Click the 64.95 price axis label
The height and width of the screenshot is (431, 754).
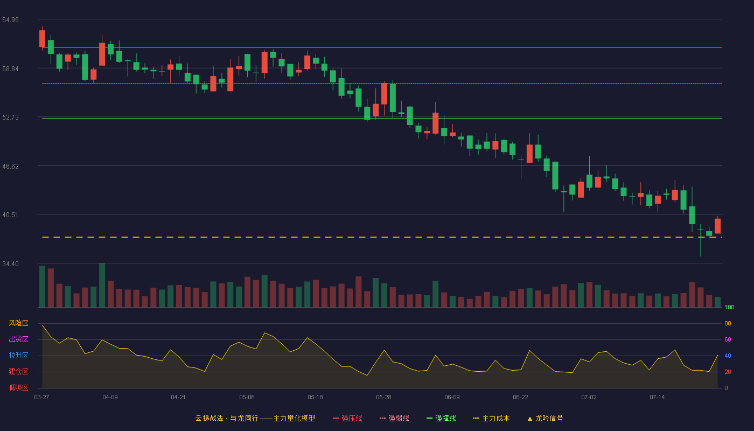pyautogui.click(x=10, y=20)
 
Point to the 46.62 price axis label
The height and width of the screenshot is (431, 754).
pyautogui.click(x=10, y=166)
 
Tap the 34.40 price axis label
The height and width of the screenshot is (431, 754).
pyautogui.click(x=10, y=264)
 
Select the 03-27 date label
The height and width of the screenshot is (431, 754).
pyautogui.click(x=42, y=398)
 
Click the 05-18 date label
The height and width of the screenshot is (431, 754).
pyautogui.click(x=315, y=398)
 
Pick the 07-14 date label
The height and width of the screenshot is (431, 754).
pyautogui.click(x=657, y=398)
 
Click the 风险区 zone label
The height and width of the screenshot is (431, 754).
pyautogui.click(x=18, y=323)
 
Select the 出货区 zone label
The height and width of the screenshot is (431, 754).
pyautogui.click(x=18, y=339)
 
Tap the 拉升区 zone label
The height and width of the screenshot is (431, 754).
pyautogui.click(x=18, y=355)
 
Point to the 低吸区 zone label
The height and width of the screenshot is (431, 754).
pyautogui.click(x=18, y=387)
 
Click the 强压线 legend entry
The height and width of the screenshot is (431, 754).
pyautogui.click(x=347, y=418)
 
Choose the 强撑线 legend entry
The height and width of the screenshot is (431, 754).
pyautogui.click(x=441, y=418)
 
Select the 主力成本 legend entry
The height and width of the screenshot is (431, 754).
pyautogui.click(x=491, y=418)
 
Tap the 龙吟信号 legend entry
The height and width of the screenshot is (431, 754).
pyautogui.click(x=545, y=418)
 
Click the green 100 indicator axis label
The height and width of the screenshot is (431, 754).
pyautogui.click(x=729, y=307)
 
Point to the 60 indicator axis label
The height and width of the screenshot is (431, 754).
pyautogui.click(x=728, y=339)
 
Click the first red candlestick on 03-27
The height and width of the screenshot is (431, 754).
pyautogui.click(x=42, y=38)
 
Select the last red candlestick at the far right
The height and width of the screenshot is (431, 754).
pyautogui.click(x=717, y=226)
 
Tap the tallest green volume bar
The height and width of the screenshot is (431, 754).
pyautogui.click(x=102, y=285)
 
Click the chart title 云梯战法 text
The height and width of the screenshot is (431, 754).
pyautogui.click(x=210, y=418)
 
